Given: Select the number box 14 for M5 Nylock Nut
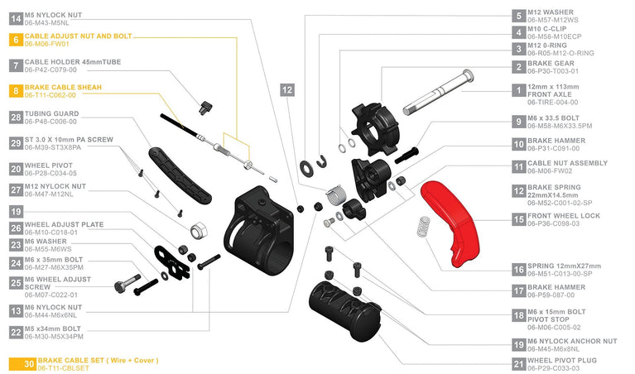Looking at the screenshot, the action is (x=16, y=19).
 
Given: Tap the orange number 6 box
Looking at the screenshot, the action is (x=16, y=40).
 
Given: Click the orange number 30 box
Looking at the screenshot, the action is (x=22, y=364).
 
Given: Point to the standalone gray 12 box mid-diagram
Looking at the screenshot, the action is (x=287, y=90).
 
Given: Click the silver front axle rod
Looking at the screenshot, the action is (x=438, y=93).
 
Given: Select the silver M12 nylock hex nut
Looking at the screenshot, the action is (x=199, y=231).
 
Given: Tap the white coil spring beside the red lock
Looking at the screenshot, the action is (x=424, y=227).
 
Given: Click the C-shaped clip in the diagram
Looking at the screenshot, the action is (x=322, y=161).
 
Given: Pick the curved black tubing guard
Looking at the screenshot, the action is (x=180, y=175).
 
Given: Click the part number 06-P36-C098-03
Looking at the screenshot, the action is (x=553, y=223).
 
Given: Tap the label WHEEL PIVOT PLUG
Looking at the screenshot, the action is (x=562, y=360).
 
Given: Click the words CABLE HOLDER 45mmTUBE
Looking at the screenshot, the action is (x=73, y=62).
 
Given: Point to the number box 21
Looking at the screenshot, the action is (x=519, y=364).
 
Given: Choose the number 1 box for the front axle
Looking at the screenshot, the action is (x=519, y=90).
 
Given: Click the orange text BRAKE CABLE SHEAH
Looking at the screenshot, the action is (x=63, y=87).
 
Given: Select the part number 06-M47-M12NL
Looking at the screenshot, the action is (x=49, y=194).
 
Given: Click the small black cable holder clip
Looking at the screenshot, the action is (x=205, y=108).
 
